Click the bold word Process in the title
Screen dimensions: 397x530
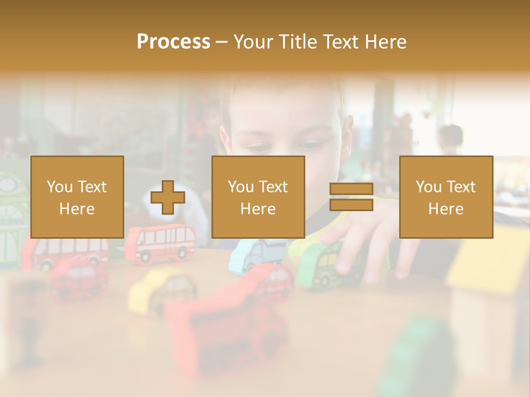click(173, 41)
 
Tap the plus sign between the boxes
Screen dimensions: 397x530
click(168, 197)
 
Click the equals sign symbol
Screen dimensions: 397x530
click(351, 197)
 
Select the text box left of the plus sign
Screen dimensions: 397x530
click(77, 197)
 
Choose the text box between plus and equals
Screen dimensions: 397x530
click(258, 197)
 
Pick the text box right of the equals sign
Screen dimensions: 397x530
click(446, 197)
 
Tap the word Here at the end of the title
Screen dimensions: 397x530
click(386, 41)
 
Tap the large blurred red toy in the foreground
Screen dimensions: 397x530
click(226, 331)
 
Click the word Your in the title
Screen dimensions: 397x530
click(254, 41)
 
